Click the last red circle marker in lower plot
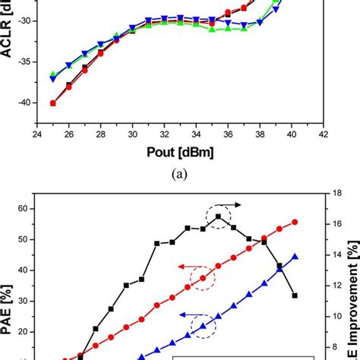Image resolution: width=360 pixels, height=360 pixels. pyautogui.click(x=295, y=222)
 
